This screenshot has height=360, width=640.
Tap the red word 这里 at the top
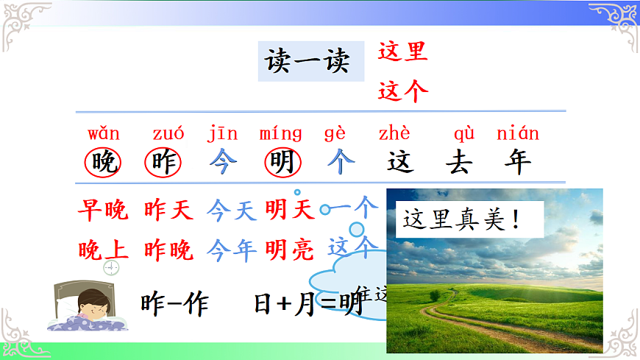tap(402, 52)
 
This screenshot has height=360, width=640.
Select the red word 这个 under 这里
tap(403, 91)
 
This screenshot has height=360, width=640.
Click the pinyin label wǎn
tap(104, 134)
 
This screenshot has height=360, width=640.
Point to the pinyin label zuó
tap(168, 134)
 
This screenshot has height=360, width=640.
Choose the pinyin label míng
tap(280, 134)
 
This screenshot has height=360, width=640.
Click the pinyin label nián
tap(518, 134)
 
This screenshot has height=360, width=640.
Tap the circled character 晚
tap(104, 162)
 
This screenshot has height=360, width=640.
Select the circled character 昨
tap(163, 162)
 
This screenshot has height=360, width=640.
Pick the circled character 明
tap(281, 162)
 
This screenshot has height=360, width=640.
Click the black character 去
tap(458, 162)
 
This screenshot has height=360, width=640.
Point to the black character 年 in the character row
tap(517, 162)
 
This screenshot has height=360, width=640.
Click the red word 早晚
tap(103, 211)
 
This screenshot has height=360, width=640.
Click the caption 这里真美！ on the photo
tap(461, 219)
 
